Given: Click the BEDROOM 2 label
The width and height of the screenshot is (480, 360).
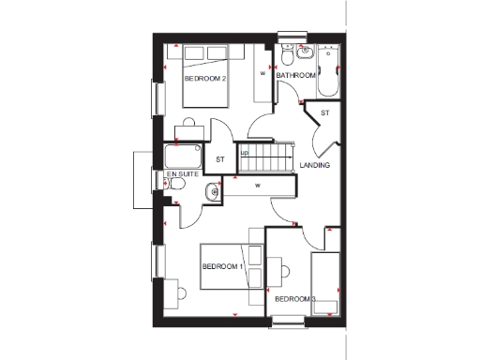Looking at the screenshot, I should (205, 79).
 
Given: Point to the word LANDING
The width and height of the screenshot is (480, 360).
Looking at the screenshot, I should (314, 165).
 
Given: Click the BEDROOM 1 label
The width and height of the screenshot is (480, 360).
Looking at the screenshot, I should (223, 267).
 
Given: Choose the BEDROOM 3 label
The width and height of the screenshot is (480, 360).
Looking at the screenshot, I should (294, 299).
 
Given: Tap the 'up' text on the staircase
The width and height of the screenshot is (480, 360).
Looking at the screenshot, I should (245, 153).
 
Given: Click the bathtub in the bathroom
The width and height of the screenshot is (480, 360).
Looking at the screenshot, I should (329, 70).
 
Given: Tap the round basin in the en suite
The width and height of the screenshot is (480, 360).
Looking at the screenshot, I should (213, 192).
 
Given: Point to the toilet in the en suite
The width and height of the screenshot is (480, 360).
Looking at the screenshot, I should (176, 192).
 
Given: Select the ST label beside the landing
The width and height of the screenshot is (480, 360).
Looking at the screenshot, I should (325, 113).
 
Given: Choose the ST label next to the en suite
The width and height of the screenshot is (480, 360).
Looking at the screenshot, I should (220, 158).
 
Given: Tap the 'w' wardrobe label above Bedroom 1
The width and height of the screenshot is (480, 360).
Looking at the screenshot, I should (255, 185).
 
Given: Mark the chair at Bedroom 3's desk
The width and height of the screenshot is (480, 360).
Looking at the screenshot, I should (283, 271).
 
